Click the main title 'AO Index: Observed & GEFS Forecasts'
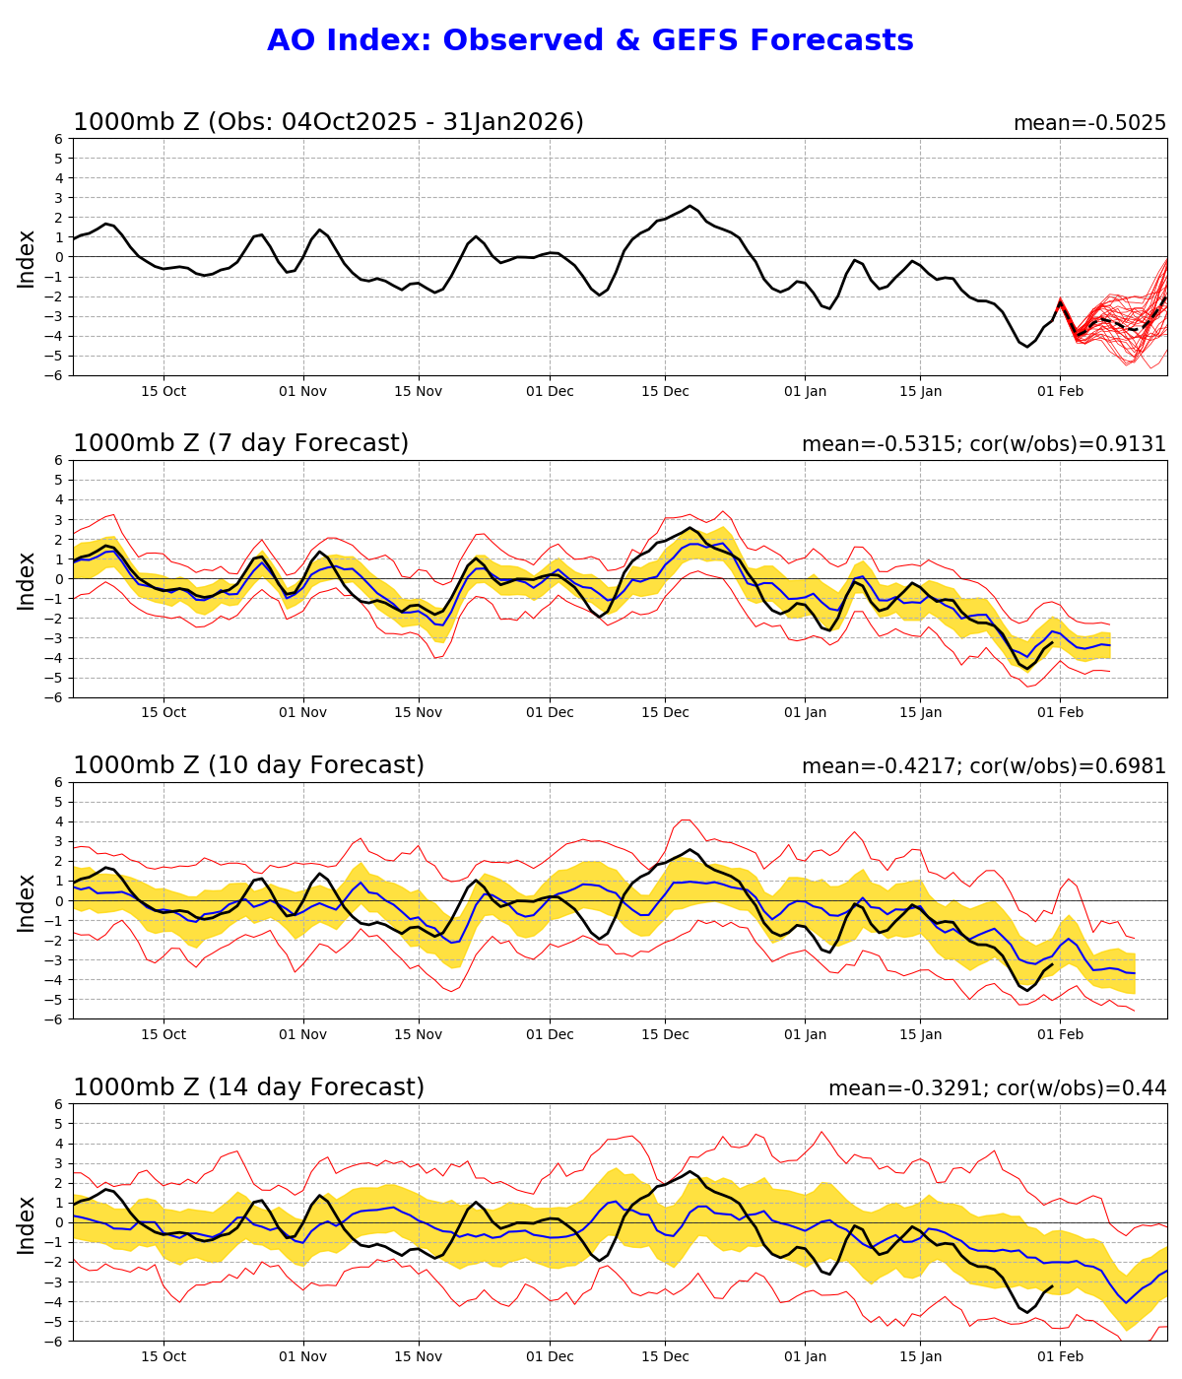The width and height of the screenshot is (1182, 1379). pos(590,40)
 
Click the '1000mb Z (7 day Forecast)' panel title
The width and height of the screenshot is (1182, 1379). pos(240,443)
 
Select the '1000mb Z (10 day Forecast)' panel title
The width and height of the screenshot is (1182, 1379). pos(248,765)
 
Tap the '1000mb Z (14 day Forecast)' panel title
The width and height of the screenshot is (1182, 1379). pos(248,1087)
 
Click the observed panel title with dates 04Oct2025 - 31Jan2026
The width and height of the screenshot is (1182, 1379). pos(328,122)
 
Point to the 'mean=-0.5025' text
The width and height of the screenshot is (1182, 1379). pos(1089,123)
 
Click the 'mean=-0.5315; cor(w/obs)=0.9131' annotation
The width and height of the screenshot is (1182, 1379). pos(983,444)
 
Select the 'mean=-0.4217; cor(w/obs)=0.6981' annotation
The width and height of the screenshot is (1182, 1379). pos(983,766)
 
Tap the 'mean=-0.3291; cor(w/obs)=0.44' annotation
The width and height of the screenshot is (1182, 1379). pos(997,1088)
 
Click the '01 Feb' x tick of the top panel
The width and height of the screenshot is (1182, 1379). pos(1060,391)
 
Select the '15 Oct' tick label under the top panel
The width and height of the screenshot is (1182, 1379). pos(164,391)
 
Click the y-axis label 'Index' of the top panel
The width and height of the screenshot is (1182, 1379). pos(27,258)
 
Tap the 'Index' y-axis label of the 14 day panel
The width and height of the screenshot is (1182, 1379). pos(27,1223)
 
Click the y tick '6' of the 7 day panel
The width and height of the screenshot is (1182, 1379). pos(58,460)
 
